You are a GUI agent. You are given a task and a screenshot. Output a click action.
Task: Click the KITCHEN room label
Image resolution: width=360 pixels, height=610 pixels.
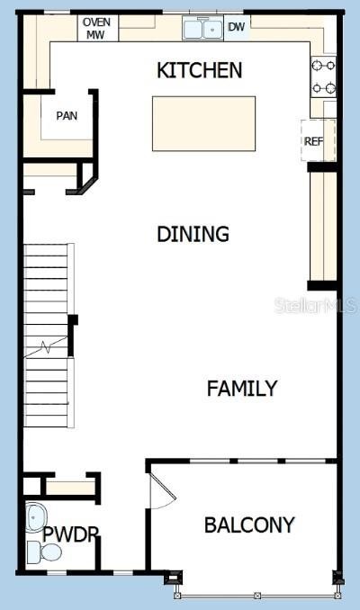click(200, 70)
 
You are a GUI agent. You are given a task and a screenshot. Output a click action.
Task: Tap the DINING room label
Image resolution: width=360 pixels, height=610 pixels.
click(193, 234)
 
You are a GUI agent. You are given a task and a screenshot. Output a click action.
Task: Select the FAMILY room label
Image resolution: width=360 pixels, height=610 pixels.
click(242, 389)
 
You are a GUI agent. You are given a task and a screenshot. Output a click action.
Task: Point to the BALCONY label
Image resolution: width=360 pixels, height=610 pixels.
click(249, 525)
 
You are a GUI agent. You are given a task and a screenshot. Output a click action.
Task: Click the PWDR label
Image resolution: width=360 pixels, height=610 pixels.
click(70, 534)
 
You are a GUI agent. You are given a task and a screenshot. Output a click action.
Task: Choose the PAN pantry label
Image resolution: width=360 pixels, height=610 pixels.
click(67, 116)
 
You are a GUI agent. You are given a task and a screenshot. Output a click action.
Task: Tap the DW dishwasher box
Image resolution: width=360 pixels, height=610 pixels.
click(237, 27)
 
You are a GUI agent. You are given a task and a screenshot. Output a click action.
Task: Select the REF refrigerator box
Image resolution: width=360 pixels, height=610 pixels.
click(318, 140)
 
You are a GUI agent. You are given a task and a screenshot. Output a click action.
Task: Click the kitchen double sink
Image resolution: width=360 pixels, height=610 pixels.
click(202, 29)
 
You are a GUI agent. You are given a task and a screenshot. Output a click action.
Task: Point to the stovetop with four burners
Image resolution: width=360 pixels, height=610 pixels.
click(323, 76)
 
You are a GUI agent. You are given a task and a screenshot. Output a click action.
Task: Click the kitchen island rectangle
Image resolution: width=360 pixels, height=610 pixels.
click(204, 124)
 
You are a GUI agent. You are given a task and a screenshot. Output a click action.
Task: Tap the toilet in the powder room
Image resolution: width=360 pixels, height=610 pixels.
click(45, 552)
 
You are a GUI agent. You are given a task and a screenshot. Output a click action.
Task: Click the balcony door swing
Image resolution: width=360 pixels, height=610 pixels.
click(163, 490)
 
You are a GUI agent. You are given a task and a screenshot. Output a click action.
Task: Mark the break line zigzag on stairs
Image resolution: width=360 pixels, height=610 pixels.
click(46, 346)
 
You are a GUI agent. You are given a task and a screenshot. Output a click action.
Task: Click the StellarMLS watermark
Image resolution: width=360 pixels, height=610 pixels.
click(315, 305)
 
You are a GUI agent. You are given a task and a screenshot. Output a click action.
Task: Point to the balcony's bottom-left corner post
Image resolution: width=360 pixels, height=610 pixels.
click(173, 578)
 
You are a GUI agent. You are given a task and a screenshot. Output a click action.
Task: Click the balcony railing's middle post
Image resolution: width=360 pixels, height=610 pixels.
click(256, 596)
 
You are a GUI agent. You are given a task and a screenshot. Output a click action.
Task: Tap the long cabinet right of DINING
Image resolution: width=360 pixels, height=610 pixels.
click(323, 226)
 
